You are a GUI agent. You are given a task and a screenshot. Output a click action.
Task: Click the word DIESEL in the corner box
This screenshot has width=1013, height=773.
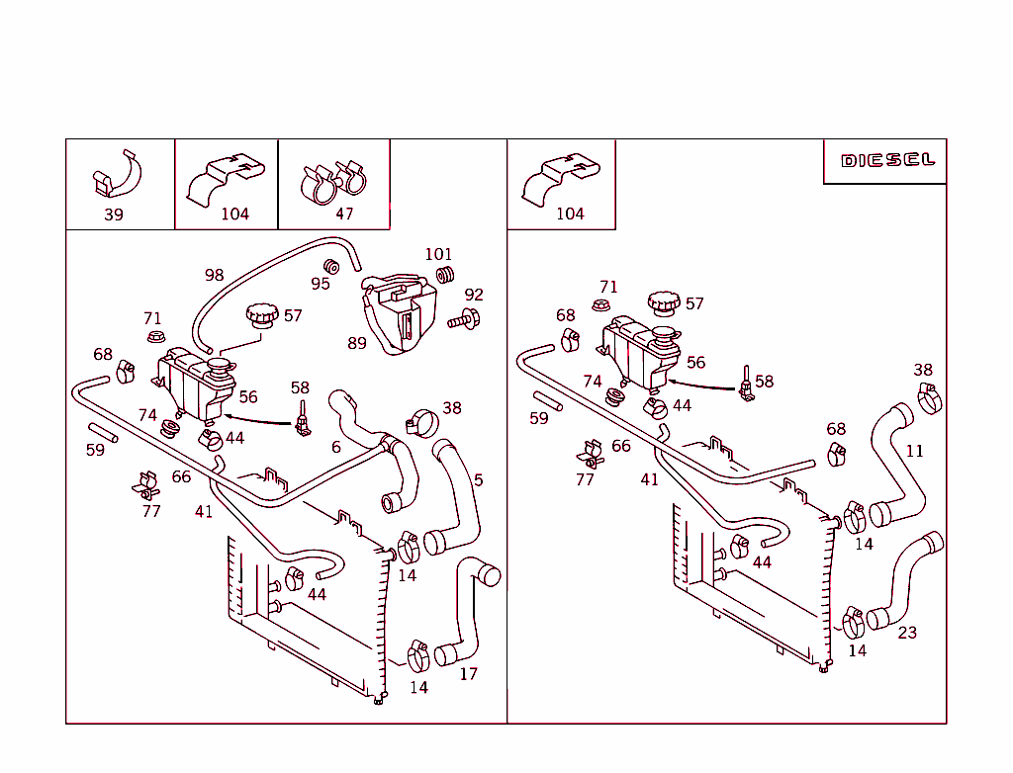[x=887, y=160]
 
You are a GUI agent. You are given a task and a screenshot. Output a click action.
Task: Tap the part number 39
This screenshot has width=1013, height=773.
[x=114, y=215]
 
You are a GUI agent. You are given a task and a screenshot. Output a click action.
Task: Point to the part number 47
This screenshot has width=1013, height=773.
[x=343, y=214]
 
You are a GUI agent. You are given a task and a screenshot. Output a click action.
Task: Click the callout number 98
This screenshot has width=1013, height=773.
[x=214, y=275]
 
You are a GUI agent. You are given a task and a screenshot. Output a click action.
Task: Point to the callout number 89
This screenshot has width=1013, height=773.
[x=356, y=343]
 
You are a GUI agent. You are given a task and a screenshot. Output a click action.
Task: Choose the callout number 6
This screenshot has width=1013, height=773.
[x=336, y=447]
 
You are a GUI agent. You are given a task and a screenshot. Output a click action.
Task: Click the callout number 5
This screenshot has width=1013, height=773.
[x=478, y=480]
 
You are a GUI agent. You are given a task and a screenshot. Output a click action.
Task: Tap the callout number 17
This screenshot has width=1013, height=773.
[x=468, y=674]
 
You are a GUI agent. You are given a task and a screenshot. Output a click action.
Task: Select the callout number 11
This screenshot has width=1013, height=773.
[x=914, y=451]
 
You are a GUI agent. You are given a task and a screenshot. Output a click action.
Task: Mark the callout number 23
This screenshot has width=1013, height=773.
[x=906, y=633]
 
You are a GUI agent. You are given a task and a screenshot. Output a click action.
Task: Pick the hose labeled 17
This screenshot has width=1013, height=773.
[x=467, y=613]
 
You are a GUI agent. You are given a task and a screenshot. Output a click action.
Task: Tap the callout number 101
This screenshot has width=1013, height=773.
[x=438, y=254]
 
